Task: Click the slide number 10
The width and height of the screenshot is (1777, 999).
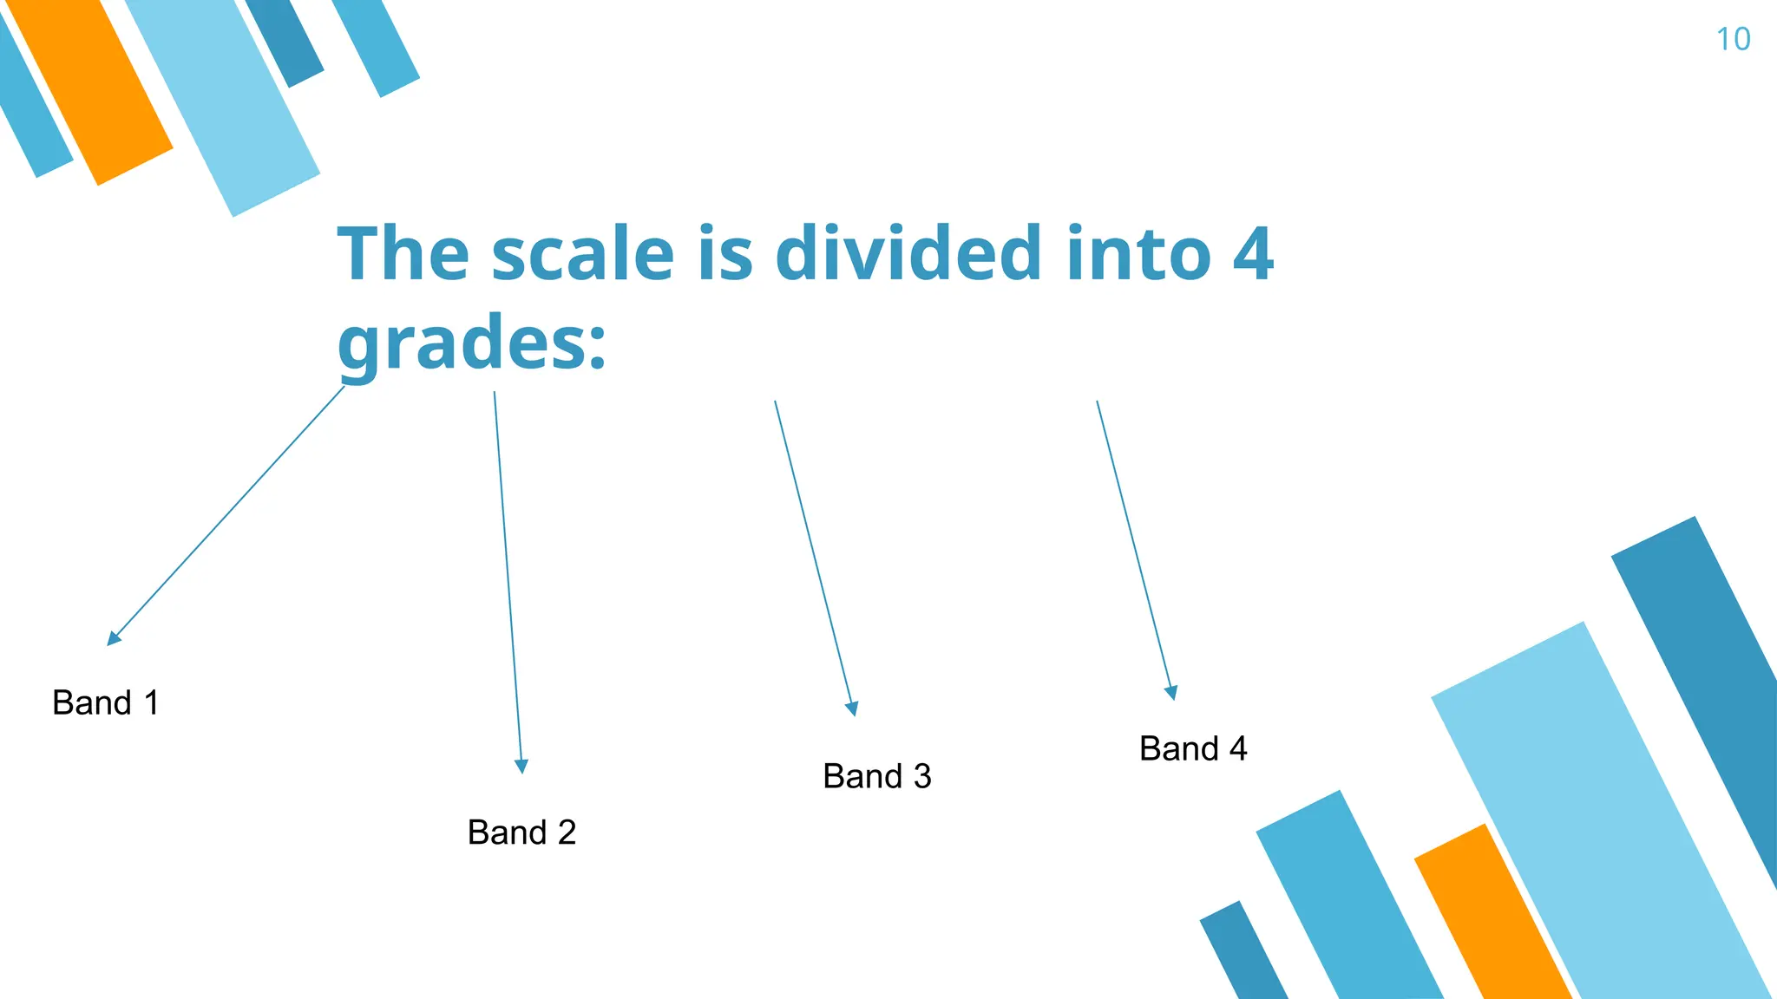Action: (1733, 40)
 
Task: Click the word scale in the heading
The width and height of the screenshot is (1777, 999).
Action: (583, 254)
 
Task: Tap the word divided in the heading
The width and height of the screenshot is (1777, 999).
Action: (908, 254)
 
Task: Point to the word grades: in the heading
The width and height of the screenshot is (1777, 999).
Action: (471, 343)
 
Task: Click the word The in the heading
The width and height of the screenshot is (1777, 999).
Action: (403, 254)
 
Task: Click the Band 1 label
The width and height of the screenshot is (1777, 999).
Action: (106, 702)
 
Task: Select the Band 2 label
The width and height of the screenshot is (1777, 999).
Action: (521, 832)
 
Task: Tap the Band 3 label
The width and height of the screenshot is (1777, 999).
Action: (876, 776)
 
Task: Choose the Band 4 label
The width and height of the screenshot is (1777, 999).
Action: (1193, 748)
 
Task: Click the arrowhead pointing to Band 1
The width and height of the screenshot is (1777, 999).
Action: (113, 639)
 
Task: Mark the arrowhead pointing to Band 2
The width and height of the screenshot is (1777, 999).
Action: (521, 767)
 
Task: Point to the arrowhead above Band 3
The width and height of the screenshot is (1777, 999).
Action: (852, 708)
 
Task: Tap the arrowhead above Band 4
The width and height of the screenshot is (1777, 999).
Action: (1171, 693)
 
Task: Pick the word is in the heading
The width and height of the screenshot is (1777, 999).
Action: (725, 254)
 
